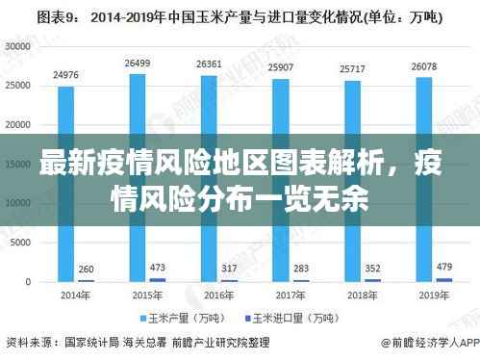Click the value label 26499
pos(137,63)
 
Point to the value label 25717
pos(352,69)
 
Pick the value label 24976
pos(65,74)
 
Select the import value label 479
pos(443,266)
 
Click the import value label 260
pos(86,269)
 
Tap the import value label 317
pos(229,268)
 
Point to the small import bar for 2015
pos(158,279)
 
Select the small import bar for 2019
pos(443,279)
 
